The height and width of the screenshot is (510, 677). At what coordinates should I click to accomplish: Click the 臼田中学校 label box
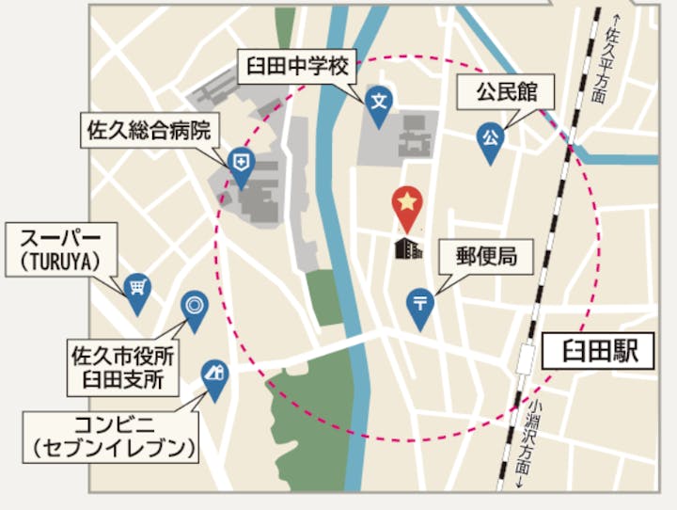pyautogui.click(x=297, y=67)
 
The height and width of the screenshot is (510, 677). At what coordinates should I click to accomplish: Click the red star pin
pyautogui.click(x=406, y=206)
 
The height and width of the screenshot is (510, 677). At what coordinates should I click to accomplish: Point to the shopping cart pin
pyautogui.click(x=137, y=288)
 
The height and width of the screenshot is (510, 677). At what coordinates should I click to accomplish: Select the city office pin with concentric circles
pyautogui.click(x=194, y=307)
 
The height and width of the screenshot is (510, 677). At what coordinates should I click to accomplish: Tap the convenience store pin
pyautogui.click(x=215, y=375)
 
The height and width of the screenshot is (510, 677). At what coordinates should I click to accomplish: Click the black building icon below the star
pyautogui.click(x=407, y=247)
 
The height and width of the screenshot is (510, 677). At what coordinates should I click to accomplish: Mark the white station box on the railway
pyautogui.click(x=528, y=355)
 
